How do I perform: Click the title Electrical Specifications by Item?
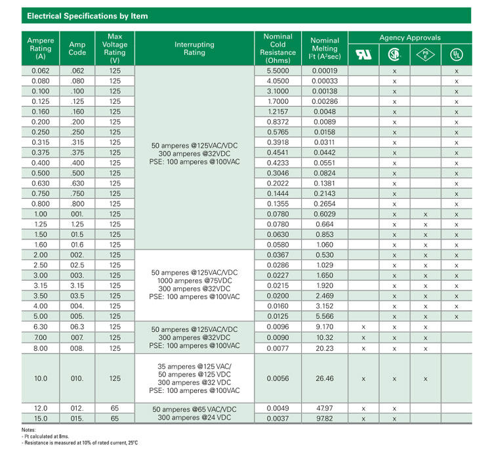[87, 16]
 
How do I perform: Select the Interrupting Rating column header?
[194, 49]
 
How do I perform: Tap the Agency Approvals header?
[410, 37]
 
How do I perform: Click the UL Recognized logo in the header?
[363, 54]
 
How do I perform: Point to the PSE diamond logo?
[425, 54]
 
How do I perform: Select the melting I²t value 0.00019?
[324, 70]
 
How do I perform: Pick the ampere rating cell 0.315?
[41, 142]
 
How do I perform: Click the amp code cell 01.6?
[77, 245]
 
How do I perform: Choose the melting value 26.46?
[324, 378]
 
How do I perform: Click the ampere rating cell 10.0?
[41, 378]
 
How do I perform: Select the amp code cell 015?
[77, 418]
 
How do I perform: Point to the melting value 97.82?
[324, 418]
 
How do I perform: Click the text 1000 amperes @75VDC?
[194, 280]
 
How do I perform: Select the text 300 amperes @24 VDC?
[194, 418]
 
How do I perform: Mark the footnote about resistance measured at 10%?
[80, 443]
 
